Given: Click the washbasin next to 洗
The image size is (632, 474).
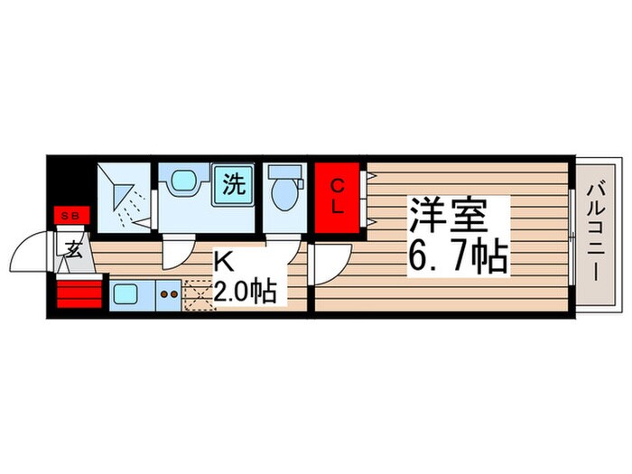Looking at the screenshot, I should point(183,181).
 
